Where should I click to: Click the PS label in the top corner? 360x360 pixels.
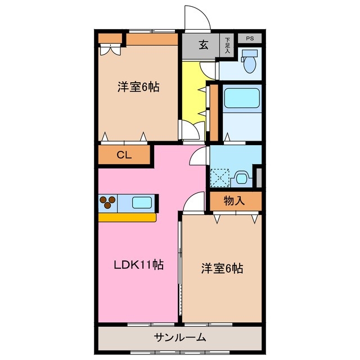pyautogui.click(x=249, y=38)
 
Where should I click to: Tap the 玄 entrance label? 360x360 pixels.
pyautogui.click(x=203, y=46)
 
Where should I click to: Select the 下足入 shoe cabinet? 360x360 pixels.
pyautogui.click(x=227, y=45)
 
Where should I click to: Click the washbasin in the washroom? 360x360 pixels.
pyautogui.click(x=242, y=178)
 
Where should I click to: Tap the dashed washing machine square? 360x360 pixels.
pyautogui.click(x=220, y=178)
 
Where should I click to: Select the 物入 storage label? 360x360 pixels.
pyautogui.click(x=235, y=200)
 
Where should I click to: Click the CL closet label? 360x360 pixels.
pyautogui.click(x=124, y=156)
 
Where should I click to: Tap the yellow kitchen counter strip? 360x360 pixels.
pyautogui.click(x=127, y=217)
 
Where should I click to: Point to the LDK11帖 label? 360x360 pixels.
pyautogui.click(x=138, y=264)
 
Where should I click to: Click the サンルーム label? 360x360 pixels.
pyautogui.click(x=179, y=337)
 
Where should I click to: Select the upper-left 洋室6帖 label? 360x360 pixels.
pyautogui.click(x=138, y=87)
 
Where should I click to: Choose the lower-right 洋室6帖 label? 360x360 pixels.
pyautogui.click(x=222, y=268)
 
